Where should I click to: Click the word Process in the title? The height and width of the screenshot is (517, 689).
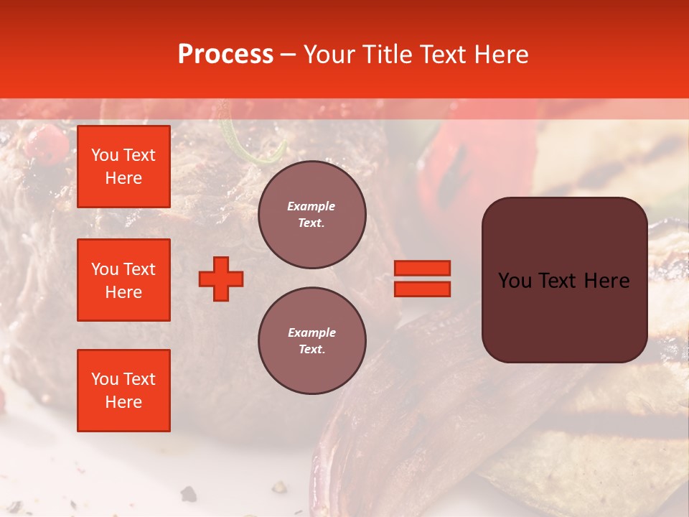coord(225,55)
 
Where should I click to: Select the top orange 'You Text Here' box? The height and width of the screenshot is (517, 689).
coord(123,167)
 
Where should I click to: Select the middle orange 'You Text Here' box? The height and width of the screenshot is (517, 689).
coord(123,280)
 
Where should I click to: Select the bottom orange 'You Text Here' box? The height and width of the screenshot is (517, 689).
coord(123,390)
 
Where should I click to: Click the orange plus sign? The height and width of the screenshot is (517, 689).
coord(221,279)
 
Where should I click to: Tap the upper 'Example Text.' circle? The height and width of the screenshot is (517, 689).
coord(311,215)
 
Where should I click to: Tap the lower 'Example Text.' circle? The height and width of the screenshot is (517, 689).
coord(311,341)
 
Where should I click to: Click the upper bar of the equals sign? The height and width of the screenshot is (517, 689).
coord(422,268)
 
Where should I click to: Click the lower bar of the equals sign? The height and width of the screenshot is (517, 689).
coord(422,289)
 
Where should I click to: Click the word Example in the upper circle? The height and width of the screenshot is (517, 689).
coord(311,206)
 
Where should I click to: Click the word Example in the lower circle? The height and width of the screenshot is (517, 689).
coord(311,332)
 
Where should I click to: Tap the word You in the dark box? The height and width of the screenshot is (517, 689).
coord(515,281)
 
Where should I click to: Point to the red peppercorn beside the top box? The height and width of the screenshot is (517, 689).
coord(44,141)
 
